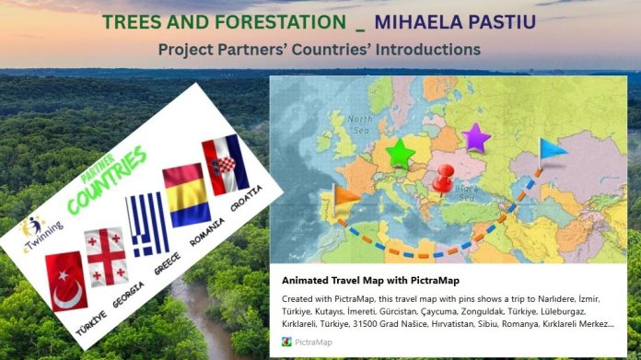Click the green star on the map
(400, 153)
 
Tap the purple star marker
(476, 137)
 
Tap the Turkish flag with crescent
(66, 278)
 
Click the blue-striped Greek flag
(146, 224)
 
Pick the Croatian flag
(226, 163)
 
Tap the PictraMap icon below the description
(287, 341)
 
